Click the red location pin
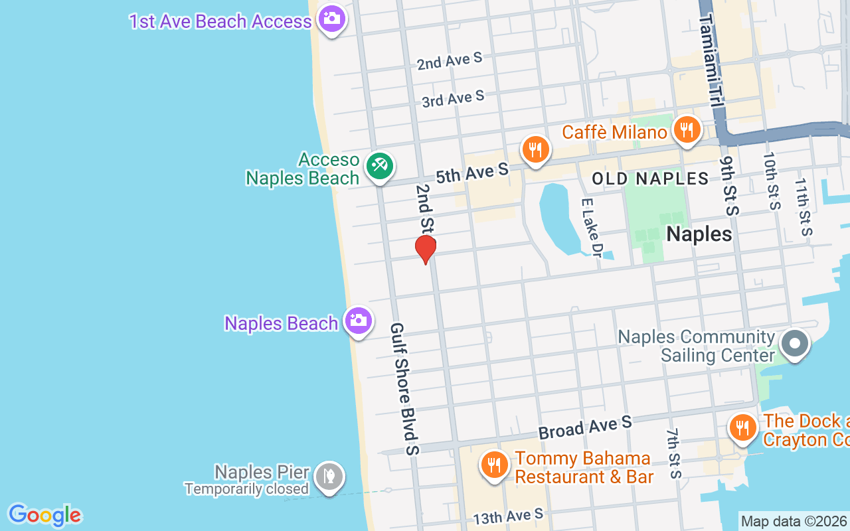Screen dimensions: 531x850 click(x=425, y=249)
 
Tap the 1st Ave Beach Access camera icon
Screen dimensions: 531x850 click(x=331, y=19)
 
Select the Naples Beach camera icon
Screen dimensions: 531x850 click(x=359, y=321)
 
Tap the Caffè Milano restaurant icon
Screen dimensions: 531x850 click(x=687, y=129)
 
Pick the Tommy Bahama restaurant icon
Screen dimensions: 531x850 click(x=493, y=465)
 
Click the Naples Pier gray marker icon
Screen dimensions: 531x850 click(x=329, y=477)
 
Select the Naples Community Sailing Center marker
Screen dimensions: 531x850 click(x=794, y=344)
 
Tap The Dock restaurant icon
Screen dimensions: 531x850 click(x=742, y=427)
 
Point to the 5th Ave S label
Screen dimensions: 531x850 click(x=471, y=174)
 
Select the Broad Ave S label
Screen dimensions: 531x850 click(x=585, y=427)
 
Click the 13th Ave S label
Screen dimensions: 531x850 click(x=508, y=516)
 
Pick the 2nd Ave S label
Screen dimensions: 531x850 click(x=449, y=62)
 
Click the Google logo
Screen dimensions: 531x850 click(x=44, y=515)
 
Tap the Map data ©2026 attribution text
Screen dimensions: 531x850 click(x=794, y=522)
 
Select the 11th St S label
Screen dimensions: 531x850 click(x=804, y=206)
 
